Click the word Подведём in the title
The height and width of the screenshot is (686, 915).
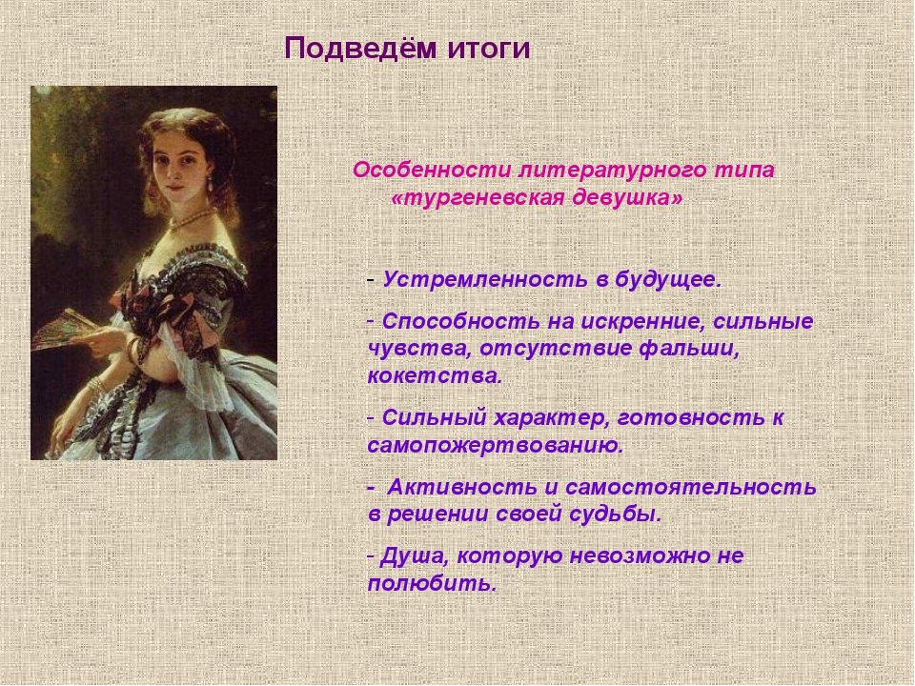[x=360, y=49]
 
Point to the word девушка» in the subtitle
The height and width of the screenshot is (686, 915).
[x=628, y=198]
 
